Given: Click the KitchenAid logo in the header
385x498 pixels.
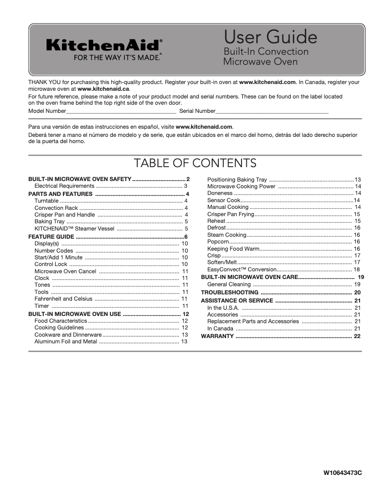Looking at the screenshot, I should (x=104, y=45).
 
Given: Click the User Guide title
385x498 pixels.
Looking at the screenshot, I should (x=270, y=37).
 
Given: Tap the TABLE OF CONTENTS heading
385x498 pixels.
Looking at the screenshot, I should (x=195, y=163).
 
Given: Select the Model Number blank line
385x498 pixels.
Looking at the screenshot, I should (x=120, y=111).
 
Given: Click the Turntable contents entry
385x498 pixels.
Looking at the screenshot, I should (x=47, y=201).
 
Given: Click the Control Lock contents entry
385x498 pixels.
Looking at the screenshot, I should (x=51, y=264).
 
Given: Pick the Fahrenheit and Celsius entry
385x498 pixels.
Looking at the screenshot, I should (x=63, y=299).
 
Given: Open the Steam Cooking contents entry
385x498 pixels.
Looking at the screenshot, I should (x=227, y=235).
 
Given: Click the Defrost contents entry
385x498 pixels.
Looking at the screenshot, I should (x=216, y=228).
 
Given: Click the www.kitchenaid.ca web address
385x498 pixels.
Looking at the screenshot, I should (x=103, y=89).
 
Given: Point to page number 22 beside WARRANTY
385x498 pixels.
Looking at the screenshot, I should (x=357, y=336).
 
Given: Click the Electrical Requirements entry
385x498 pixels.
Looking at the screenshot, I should (x=64, y=186).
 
